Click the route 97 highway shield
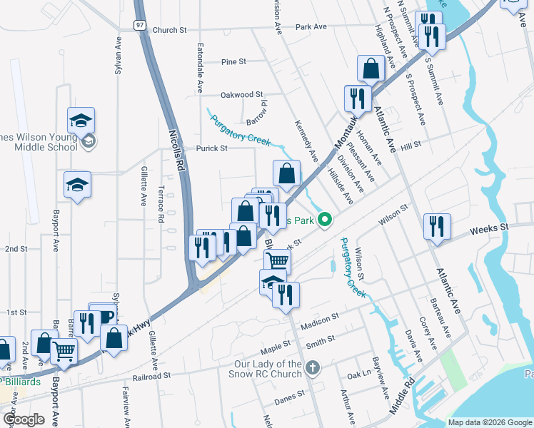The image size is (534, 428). tap(140, 24)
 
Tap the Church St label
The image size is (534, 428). tap(169, 31)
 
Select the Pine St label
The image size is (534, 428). tap(233, 62)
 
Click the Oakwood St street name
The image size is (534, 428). tap(241, 94)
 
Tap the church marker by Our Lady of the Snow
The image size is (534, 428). tap(311, 368)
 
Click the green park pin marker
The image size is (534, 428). tap(326, 219)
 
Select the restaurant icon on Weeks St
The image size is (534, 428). tap(436, 226)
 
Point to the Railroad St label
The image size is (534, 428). tap(152, 374)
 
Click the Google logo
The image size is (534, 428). tap(24, 419)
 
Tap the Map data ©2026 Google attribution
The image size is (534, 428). tap(489, 422)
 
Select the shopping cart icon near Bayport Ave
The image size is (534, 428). tap(64, 351)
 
